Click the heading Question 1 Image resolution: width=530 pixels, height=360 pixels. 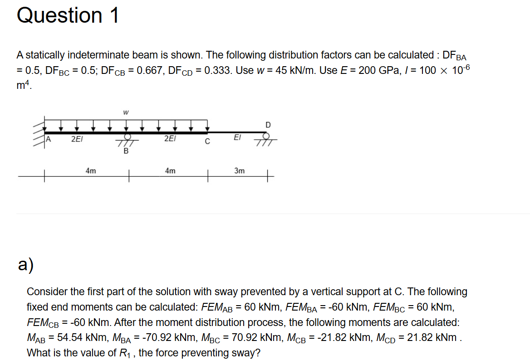(68, 15)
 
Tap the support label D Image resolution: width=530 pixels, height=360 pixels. (268, 125)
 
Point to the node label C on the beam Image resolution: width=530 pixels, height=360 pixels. (207, 141)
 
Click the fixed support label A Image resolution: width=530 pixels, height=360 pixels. (49, 139)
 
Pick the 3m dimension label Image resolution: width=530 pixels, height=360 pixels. (239, 171)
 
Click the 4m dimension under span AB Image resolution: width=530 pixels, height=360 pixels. (90, 171)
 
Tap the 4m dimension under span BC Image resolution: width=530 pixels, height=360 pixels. (170, 171)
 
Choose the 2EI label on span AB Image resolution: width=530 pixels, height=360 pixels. (76, 139)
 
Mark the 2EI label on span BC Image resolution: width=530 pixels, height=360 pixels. (169, 139)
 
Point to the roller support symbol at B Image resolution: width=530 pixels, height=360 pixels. (128, 138)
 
